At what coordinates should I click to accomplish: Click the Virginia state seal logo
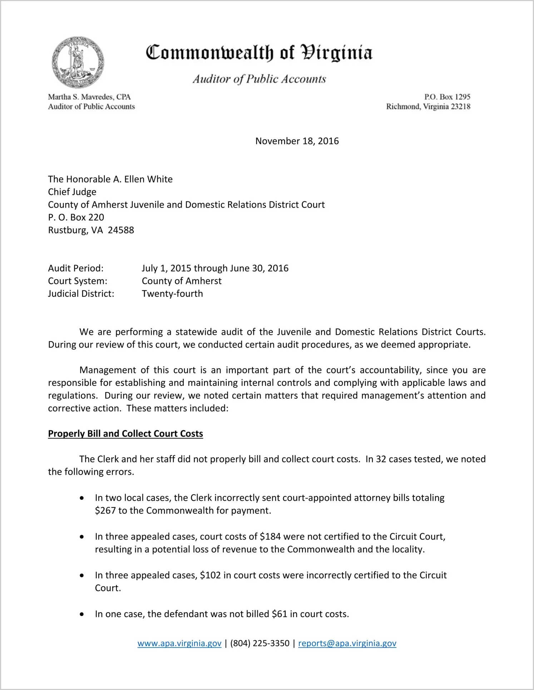[78, 63]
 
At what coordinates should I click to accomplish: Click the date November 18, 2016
[297, 141]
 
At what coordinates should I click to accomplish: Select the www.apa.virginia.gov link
[179, 643]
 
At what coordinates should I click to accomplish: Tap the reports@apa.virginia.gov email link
[347, 643]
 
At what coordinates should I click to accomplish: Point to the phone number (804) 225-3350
[260, 643]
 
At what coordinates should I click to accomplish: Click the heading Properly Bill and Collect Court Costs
[125, 434]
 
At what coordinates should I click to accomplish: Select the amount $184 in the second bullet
[270, 536]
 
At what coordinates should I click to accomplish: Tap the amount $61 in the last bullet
[280, 614]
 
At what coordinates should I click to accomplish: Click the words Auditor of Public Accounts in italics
[259, 79]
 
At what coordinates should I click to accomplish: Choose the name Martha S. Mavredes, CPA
[89, 97]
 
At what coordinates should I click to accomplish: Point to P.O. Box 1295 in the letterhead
[447, 97]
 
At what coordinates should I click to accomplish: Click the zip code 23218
[460, 106]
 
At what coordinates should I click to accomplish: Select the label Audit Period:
[76, 268]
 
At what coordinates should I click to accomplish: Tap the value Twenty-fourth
[172, 294]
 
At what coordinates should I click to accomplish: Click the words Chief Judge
[72, 192]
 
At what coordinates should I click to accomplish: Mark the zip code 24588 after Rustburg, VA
[121, 230]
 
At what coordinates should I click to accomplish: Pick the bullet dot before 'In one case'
[82, 614]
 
